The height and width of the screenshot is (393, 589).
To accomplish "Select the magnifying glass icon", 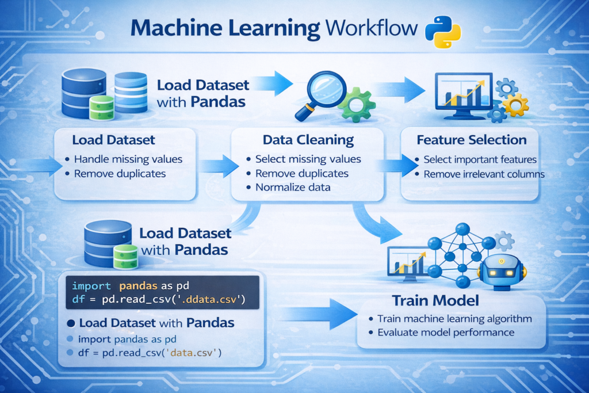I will click(x=318, y=92).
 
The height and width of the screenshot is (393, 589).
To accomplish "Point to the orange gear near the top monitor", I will click(x=515, y=105).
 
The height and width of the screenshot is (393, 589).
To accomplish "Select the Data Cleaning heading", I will click(x=308, y=140).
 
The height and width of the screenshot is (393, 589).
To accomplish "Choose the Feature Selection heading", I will click(x=471, y=140).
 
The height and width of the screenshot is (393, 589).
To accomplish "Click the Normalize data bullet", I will click(x=293, y=187).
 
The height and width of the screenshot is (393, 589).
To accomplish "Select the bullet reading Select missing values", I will click(x=308, y=159).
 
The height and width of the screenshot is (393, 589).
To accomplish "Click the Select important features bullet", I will click(x=479, y=159).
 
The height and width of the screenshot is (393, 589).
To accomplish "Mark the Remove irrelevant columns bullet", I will click(x=483, y=174).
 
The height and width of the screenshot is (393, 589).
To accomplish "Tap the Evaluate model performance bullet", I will click(x=445, y=332).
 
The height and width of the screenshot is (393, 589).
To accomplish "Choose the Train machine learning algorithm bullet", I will click(x=454, y=318).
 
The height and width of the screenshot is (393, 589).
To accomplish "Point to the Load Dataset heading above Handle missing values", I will click(x=113, y=140).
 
